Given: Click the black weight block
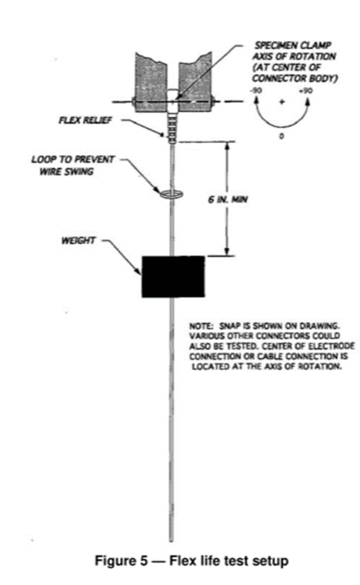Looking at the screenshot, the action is [173, 276].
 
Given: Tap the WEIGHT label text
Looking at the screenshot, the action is [78, 241].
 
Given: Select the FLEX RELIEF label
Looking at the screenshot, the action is [85, 120].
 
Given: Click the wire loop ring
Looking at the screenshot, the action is [172, 194].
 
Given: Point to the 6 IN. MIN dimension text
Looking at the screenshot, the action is [228, 199].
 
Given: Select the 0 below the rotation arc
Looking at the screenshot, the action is [282, 136].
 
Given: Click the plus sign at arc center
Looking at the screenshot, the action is [282, 102].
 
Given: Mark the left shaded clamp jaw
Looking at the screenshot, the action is [151, 83].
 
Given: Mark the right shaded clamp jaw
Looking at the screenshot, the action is [195, 83].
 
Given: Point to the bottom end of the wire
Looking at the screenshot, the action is [172, 540].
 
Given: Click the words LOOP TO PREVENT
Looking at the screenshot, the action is [73, 159].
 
